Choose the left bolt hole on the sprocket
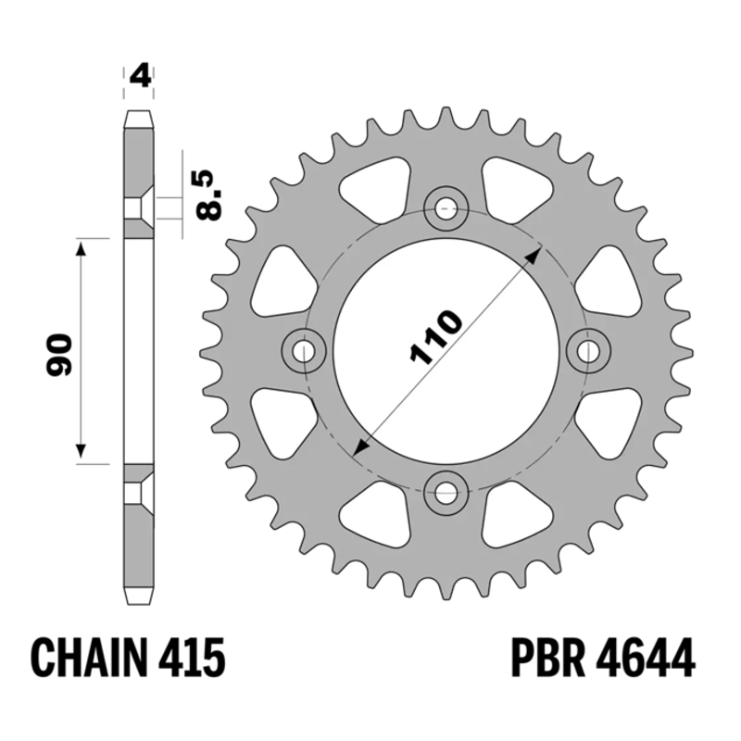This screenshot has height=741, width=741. (x=304, y=349)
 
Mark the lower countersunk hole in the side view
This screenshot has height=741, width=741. (x=139, y=491)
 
